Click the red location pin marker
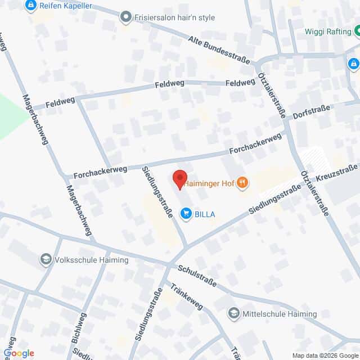[179, 179]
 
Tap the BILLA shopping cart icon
[185, 213]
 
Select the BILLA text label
[205, 214]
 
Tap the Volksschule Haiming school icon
[44, 260]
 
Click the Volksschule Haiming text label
[92, 260]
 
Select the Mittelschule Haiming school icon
[233, 313]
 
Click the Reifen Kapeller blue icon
[30, 6]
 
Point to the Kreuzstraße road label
[337, 172]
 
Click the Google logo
[19, 353]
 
